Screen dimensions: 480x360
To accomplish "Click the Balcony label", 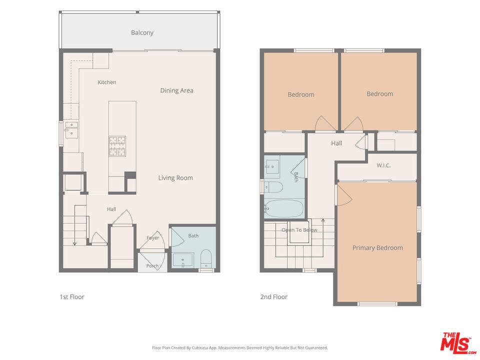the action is (x=142, y=33).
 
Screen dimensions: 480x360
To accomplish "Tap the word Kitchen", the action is (x=107, y=82).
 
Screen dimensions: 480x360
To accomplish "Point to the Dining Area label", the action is (x=176, y=90).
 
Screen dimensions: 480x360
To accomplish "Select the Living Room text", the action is (x=175, y=178).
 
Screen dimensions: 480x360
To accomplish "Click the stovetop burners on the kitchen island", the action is (x=117, y=146).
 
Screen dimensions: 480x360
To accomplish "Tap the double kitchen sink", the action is (x=71, y=129).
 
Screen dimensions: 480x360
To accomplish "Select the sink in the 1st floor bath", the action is (x=183, y=260).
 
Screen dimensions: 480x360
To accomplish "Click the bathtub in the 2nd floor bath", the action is (x=284, y=209).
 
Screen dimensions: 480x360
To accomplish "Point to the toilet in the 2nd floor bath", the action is (x=273, y=187).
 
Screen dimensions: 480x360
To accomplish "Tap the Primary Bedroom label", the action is (x=377, y=248).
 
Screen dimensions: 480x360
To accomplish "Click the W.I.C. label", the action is (x=383, y=165).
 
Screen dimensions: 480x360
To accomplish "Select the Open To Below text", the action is (x=299, y=230).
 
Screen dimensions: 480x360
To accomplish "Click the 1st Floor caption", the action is (x=72, y=296).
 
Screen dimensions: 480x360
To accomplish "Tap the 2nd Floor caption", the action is (x=273, y=296).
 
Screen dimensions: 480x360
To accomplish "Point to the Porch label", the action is (x=152, y=265).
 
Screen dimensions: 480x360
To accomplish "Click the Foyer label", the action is (x=153, y=238).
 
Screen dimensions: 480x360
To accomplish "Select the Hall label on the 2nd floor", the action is (x=336, y=143).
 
